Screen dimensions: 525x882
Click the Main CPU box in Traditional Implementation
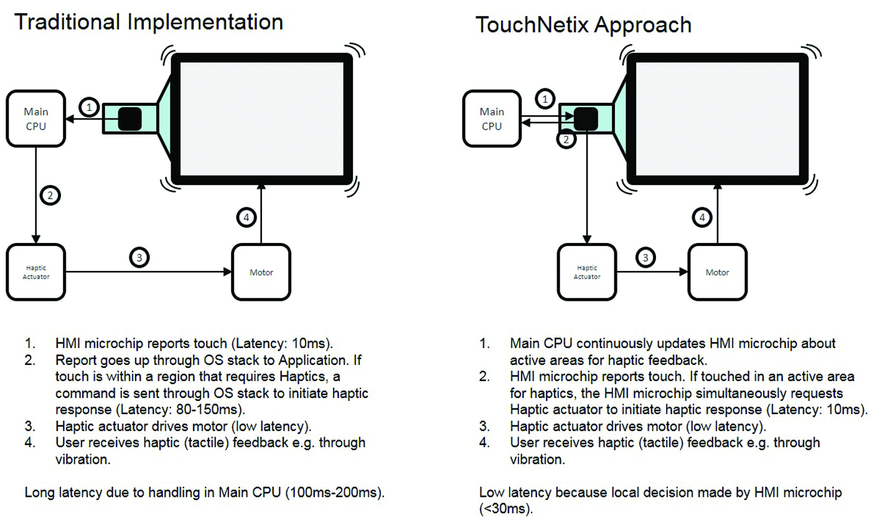coord(36,119)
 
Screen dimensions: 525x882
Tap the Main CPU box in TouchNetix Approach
coord(492,119)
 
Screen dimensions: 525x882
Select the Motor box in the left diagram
coord(261,272)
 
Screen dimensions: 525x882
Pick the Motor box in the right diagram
coord(717,272)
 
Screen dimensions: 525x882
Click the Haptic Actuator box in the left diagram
coord(36,272)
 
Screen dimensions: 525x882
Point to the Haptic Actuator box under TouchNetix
coord(587,272)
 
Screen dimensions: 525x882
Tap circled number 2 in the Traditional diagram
coord(50,196)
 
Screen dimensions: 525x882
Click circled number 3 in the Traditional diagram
coord(139,257)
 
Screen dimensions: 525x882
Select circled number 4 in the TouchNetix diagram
coord(702,218)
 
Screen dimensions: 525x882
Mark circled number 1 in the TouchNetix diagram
coord(545,100)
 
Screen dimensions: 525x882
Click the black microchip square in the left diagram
coord(129,118)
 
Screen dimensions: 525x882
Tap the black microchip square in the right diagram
coord(585,118)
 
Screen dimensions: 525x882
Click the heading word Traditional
coord(67,22)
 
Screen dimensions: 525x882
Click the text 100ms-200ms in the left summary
coord(333,493)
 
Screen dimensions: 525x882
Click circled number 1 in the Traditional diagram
coord(90,108)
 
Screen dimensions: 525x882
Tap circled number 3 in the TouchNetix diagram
coord(645,257)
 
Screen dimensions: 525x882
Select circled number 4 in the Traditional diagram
coord(246,218)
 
